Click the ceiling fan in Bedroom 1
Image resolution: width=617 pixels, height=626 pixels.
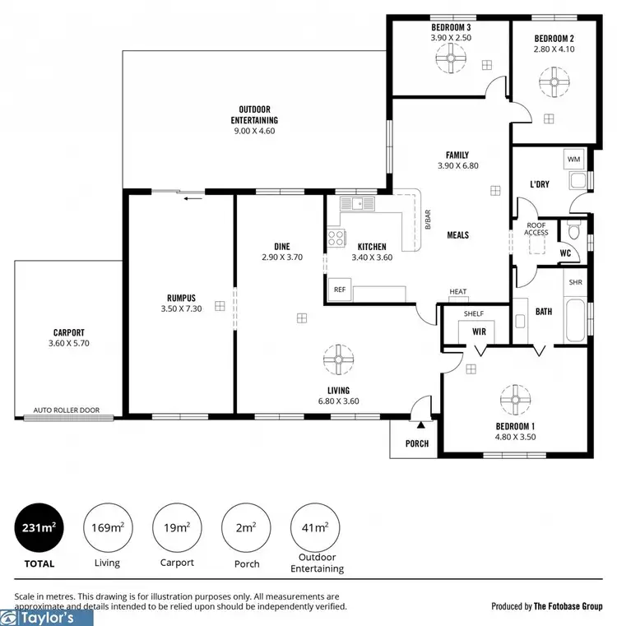tap(516, 401)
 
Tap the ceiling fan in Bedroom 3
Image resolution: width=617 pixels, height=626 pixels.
tap(450, 58)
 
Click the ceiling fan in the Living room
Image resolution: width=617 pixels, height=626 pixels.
tap(338, 359)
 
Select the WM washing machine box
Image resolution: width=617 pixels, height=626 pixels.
tap(573, 159)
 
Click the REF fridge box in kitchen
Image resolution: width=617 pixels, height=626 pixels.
tap(338, 290)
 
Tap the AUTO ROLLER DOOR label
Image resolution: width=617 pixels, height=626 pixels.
tap(67, 410)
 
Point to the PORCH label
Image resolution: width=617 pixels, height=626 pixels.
tap(417, 443)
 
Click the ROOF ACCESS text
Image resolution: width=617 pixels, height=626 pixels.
tap(536, 229)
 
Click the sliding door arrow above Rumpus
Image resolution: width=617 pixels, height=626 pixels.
tap(193, 197)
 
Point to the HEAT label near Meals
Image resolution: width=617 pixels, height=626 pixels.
tap(458, 291)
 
